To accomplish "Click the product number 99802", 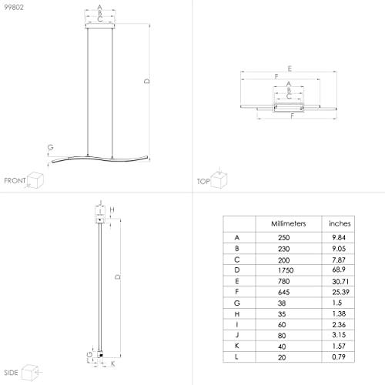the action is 14,7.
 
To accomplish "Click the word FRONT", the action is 15,181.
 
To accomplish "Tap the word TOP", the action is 203,182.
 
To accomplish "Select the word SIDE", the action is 11,373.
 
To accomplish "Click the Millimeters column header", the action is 289,223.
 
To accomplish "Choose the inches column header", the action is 340,223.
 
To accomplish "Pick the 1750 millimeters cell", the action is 286,270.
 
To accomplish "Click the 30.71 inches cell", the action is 340,282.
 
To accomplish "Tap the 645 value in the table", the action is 284,292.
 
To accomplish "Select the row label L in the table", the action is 236,357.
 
